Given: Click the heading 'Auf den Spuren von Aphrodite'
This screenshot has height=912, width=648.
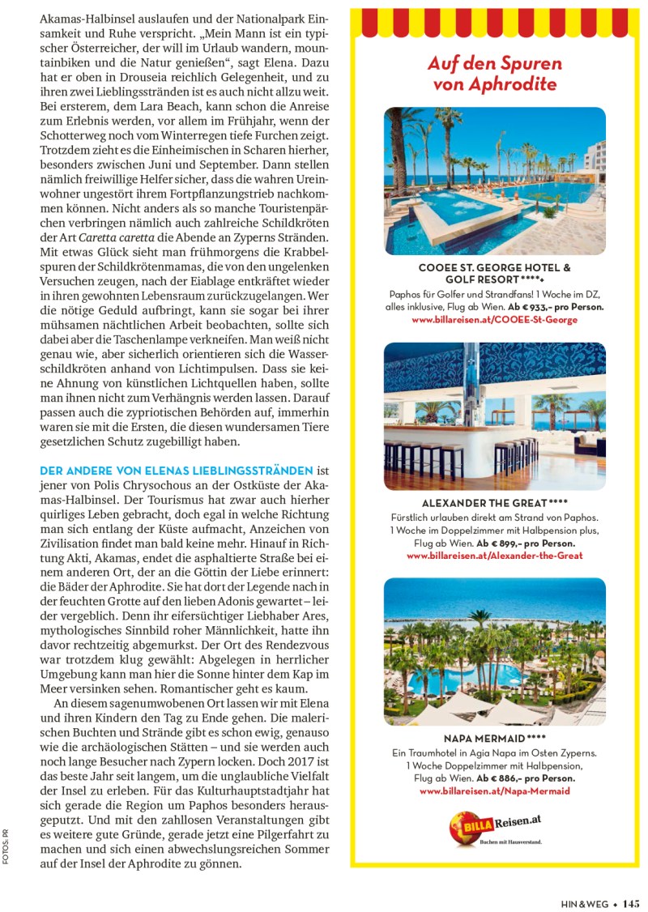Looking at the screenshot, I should click(x=494, y=74).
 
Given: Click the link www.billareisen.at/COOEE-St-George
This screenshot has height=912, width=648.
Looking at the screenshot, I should click(x=494, y=321).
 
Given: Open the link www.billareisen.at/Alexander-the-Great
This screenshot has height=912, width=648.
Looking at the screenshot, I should click(x=494, y=556).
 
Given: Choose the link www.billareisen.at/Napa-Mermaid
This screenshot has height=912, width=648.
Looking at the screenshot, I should click(x=494, y=791).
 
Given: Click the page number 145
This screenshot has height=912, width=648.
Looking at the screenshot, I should click(x=631, y=905).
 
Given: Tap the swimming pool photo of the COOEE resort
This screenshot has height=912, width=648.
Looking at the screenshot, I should click(x=494, y=181).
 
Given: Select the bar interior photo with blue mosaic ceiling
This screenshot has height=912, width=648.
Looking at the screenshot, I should click(x=494, y=416).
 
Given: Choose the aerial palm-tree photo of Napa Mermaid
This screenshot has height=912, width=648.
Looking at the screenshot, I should click(x=494, y=651).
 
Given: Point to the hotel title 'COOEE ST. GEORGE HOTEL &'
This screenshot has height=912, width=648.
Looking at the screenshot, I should click(x=494, y=267).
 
